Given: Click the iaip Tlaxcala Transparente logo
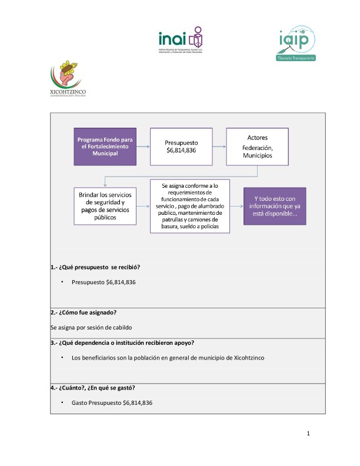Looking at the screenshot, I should (x=298, y=44).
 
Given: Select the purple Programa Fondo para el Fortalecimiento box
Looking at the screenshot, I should (x=105, y=146).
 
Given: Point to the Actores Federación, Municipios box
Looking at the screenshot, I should (x=257, y=147).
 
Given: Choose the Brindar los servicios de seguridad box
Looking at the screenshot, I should (x=105, y=206).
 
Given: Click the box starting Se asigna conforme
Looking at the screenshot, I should (x=190, y=206).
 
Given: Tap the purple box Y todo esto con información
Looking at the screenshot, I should (x=275, y=206).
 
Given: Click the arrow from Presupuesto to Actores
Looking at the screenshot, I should (x=220, y=147).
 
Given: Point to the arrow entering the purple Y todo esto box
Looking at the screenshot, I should (x=236, y=206).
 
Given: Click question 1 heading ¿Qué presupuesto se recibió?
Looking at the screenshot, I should (x=95, y=267).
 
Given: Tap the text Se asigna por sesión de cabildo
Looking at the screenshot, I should (x=91, y=326).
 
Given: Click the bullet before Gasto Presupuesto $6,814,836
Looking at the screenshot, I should (x=62, y=402).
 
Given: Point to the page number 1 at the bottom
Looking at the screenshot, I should (x=308, y=434).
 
